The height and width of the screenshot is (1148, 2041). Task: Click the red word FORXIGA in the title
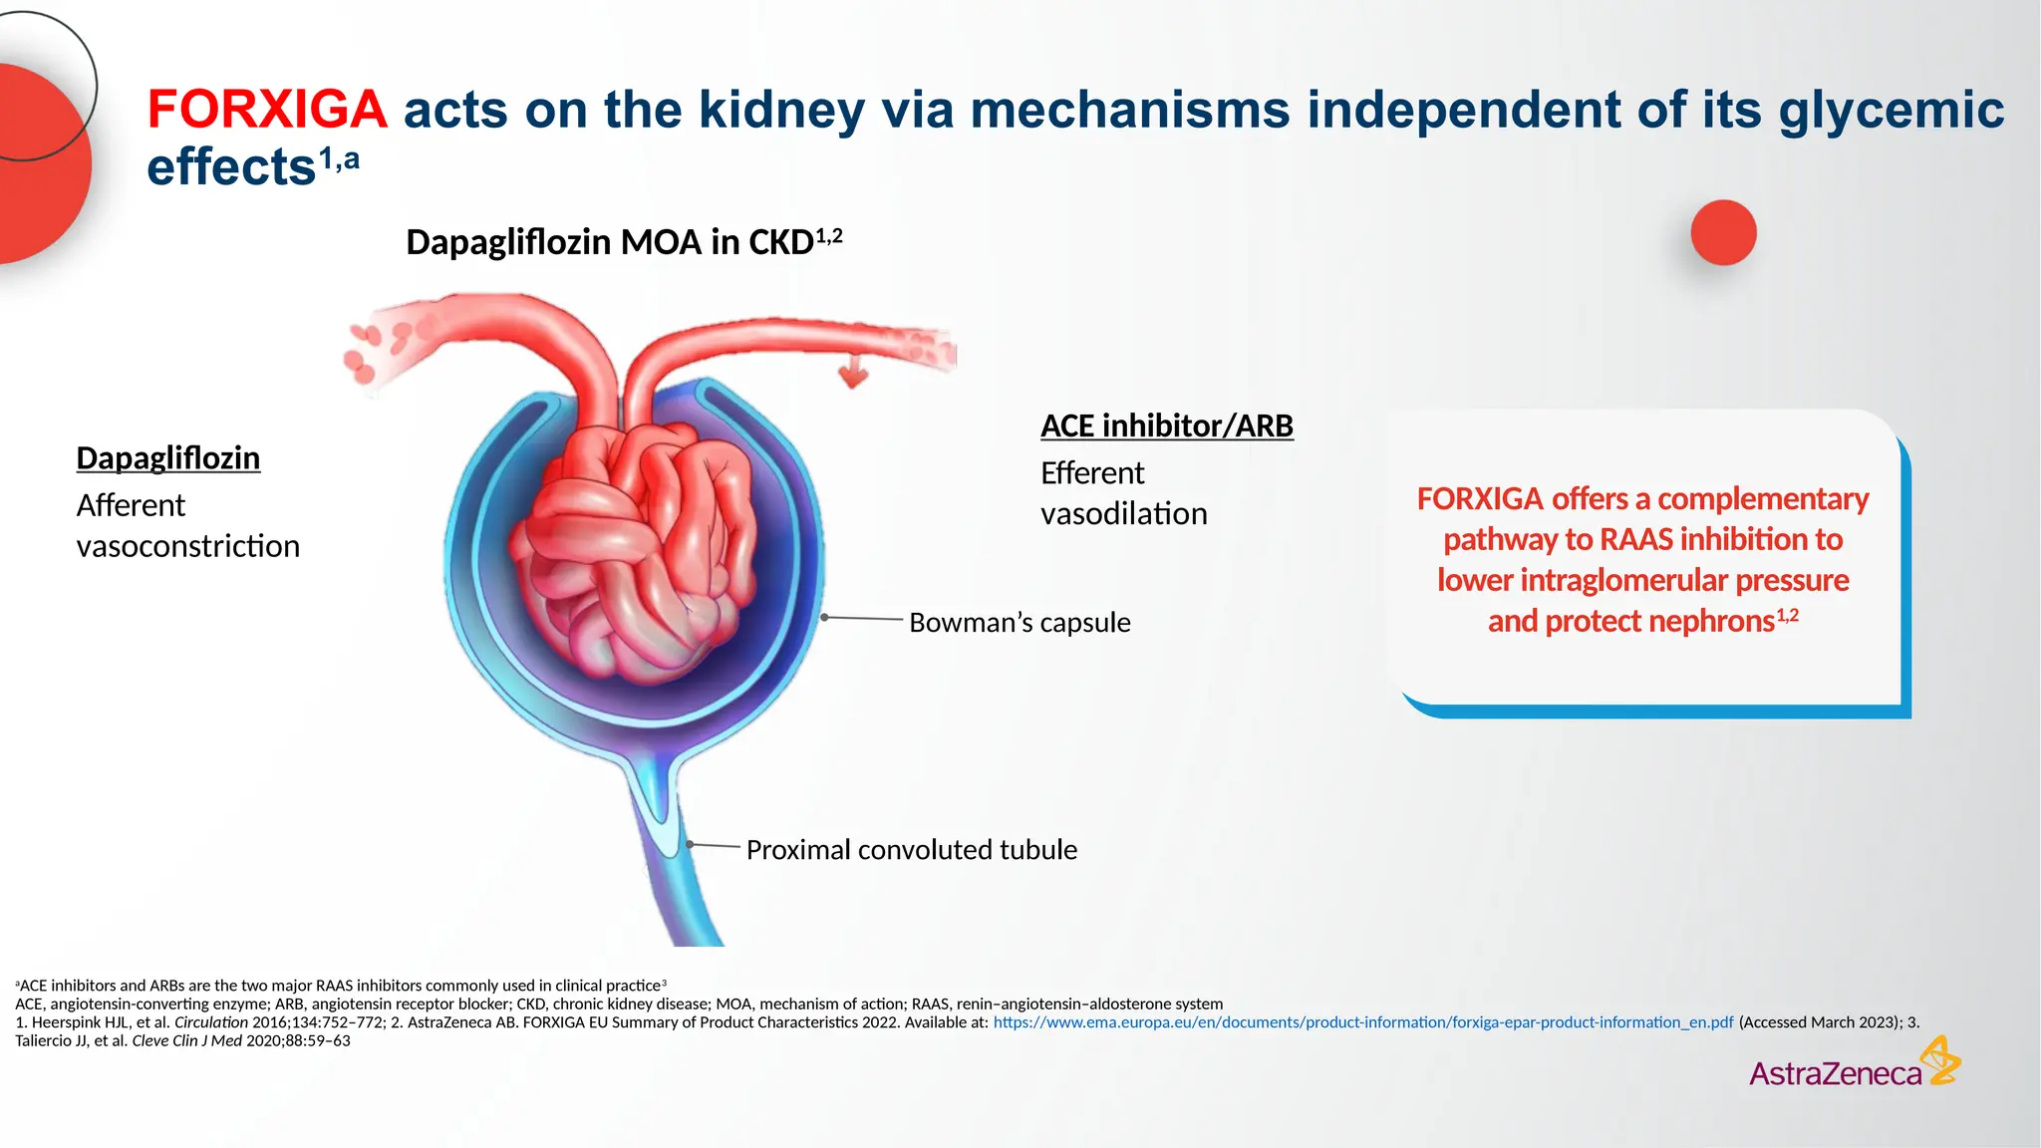[x=267, y=110]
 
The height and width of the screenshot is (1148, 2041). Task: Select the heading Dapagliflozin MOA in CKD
[x=610, y=242]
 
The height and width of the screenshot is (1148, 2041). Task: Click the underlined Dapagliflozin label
[x=168, y=458]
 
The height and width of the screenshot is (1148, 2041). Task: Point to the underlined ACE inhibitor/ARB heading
[x=1166, y=426]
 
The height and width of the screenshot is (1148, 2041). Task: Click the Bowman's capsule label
[x=1020, y=623]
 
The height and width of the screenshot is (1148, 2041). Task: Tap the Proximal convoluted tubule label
[x=911, y=850]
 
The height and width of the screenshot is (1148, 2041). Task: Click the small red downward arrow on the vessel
[x=853, y=375]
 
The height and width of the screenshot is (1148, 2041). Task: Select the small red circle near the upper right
[x=1723, y=233]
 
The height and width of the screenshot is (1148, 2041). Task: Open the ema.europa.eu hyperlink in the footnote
[x=1362, y=1022]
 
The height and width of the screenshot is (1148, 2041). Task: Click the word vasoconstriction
[x=187, y=547]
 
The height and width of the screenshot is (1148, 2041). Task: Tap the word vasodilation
[x=1123, y=514]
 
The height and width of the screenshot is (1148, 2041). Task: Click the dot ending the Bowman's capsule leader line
[x=824, y=618]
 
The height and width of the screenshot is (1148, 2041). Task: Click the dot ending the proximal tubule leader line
[x=690, y=845]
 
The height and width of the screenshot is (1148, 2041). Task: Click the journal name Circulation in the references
[x=210, y=1022]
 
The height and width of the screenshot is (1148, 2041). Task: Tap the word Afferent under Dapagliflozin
[x=131, y=506]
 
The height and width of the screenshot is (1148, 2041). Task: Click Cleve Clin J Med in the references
[x=186, y=1041]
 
